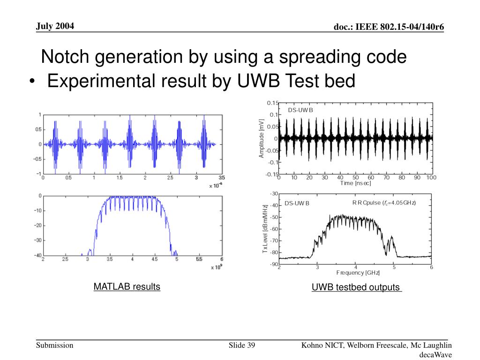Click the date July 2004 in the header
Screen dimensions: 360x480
click(55, 26)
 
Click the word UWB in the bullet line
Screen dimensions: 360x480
click(256, 81)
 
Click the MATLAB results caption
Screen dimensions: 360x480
click(127, 286)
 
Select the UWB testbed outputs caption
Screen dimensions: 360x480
click(356, 287)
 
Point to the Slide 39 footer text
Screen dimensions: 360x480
click(241, 345)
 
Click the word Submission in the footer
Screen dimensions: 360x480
click(55, 345)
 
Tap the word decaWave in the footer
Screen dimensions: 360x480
click(435, 355)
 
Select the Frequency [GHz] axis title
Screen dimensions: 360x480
click(358, 273)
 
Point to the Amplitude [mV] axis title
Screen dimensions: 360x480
click(262, 138)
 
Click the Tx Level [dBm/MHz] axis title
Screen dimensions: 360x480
click(265, 229)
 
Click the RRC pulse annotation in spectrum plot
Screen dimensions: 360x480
click(384, 202)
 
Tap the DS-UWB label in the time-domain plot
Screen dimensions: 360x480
click(300, 110)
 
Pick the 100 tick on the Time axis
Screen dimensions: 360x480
click(431, 178)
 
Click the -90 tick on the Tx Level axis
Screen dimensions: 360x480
click(274, 264)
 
